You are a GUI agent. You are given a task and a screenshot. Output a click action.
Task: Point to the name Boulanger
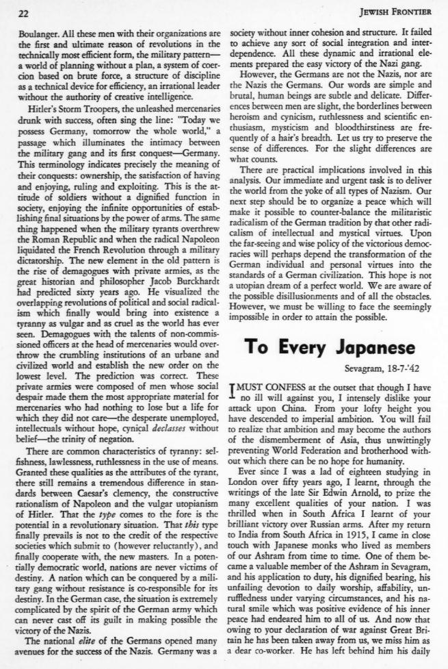(x=40, y=31)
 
